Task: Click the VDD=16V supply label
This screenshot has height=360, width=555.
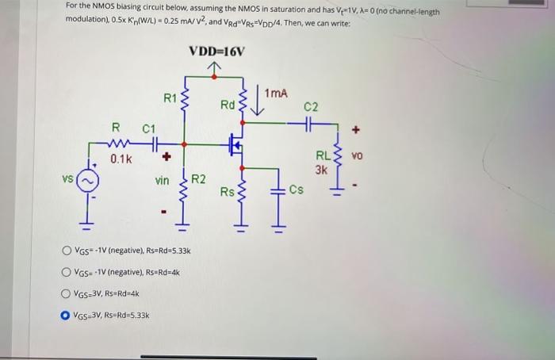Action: (x=217, y=52)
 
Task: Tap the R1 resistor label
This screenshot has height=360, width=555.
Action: (x=170, y=98)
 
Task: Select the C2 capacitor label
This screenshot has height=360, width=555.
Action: (x=311, y=107)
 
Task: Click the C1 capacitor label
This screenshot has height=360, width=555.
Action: (x=149, y=128)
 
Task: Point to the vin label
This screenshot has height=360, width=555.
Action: (x=162, y=181)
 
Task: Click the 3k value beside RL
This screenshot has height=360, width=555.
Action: (x=320, y=169)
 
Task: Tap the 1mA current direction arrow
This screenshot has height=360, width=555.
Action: (x=257, y=104)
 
